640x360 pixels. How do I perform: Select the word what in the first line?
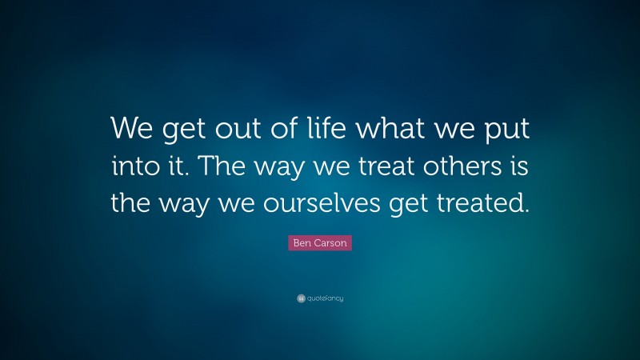[379, 127]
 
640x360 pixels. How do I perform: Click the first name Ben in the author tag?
[302, 243]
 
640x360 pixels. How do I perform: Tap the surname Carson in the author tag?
[331, 243]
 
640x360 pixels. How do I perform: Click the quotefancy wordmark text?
[326, 298]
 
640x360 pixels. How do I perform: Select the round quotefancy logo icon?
[301, 298]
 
